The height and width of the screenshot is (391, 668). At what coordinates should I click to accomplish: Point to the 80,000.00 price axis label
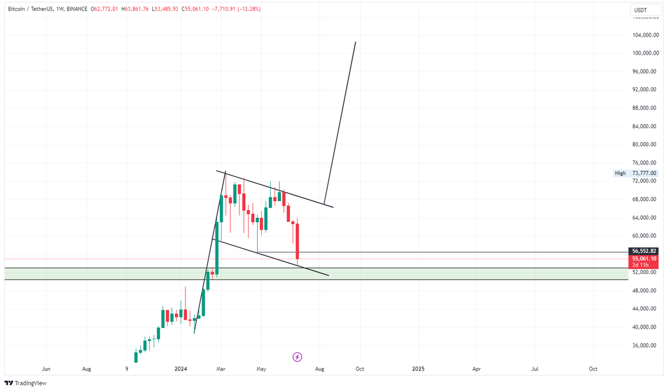point(646,145)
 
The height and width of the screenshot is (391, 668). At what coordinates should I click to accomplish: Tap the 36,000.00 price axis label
point(646,345)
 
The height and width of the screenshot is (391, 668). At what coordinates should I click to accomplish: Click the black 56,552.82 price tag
point(645,251)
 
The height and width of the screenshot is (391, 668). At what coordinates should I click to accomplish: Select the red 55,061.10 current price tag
point(645,258)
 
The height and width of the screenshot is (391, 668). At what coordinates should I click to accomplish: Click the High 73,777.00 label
point(635,173)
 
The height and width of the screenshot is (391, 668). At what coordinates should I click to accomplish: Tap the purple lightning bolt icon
point(297,356)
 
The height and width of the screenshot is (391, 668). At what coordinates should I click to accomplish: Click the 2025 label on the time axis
point(418,369)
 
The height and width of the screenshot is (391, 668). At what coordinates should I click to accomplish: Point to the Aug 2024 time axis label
point(320,369)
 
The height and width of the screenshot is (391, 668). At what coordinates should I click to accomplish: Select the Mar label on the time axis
point(221,369)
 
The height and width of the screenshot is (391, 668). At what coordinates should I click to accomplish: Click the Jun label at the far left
point(47,369)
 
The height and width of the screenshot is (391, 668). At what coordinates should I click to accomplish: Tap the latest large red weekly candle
point(298,241)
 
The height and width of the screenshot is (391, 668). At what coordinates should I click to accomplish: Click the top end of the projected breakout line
point(355,42)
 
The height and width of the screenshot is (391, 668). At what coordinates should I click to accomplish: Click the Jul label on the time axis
point(535,369)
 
